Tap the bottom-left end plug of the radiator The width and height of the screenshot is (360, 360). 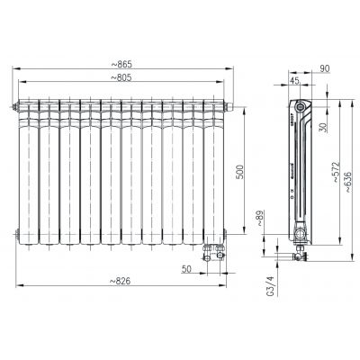16,233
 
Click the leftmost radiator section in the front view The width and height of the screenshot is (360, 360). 29,171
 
